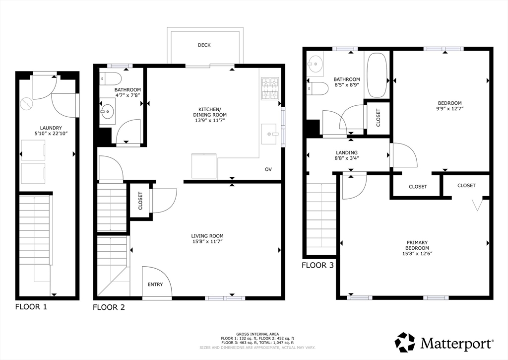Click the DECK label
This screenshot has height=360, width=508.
click(204, 45)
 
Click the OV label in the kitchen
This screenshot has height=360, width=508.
click(268, 169)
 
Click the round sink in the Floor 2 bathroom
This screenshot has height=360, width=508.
click(108, 111)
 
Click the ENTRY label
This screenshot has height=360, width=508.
click(155, 285)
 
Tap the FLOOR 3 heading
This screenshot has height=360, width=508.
click(317, 265)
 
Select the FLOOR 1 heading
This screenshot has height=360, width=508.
click(31, 306)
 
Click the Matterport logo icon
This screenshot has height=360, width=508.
click(404, 343)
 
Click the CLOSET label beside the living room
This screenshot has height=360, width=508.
click(140, 201)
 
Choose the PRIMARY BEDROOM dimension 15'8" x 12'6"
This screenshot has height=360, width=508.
click(417, 254)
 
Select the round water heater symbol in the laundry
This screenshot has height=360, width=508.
click(26, 104)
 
